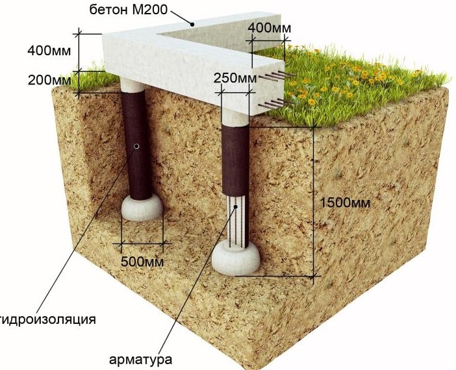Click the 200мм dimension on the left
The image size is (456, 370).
(49, 80)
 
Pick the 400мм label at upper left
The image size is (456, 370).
(49, 50)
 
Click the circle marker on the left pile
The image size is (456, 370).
(136, 147)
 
